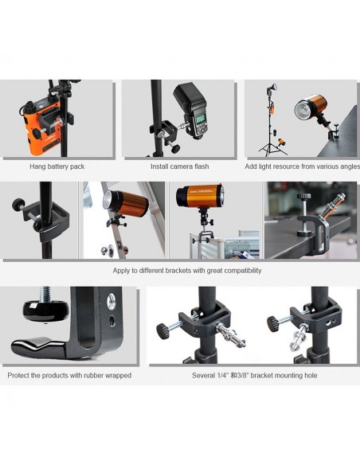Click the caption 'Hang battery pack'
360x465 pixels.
point(57,166)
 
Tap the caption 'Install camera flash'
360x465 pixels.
point(179,166)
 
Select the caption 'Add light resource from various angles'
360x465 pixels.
point(302,166)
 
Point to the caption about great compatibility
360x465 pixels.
point(187,271)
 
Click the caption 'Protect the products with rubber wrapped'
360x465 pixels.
point(69,376)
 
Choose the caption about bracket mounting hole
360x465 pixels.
point(254,376)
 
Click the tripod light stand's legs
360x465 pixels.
point(272,148)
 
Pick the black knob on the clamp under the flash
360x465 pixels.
point(175,148)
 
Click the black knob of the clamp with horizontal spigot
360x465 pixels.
point(162,331)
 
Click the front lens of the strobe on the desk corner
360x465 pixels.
point(302,109)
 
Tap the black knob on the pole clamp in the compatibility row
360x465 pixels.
point(18,204)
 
